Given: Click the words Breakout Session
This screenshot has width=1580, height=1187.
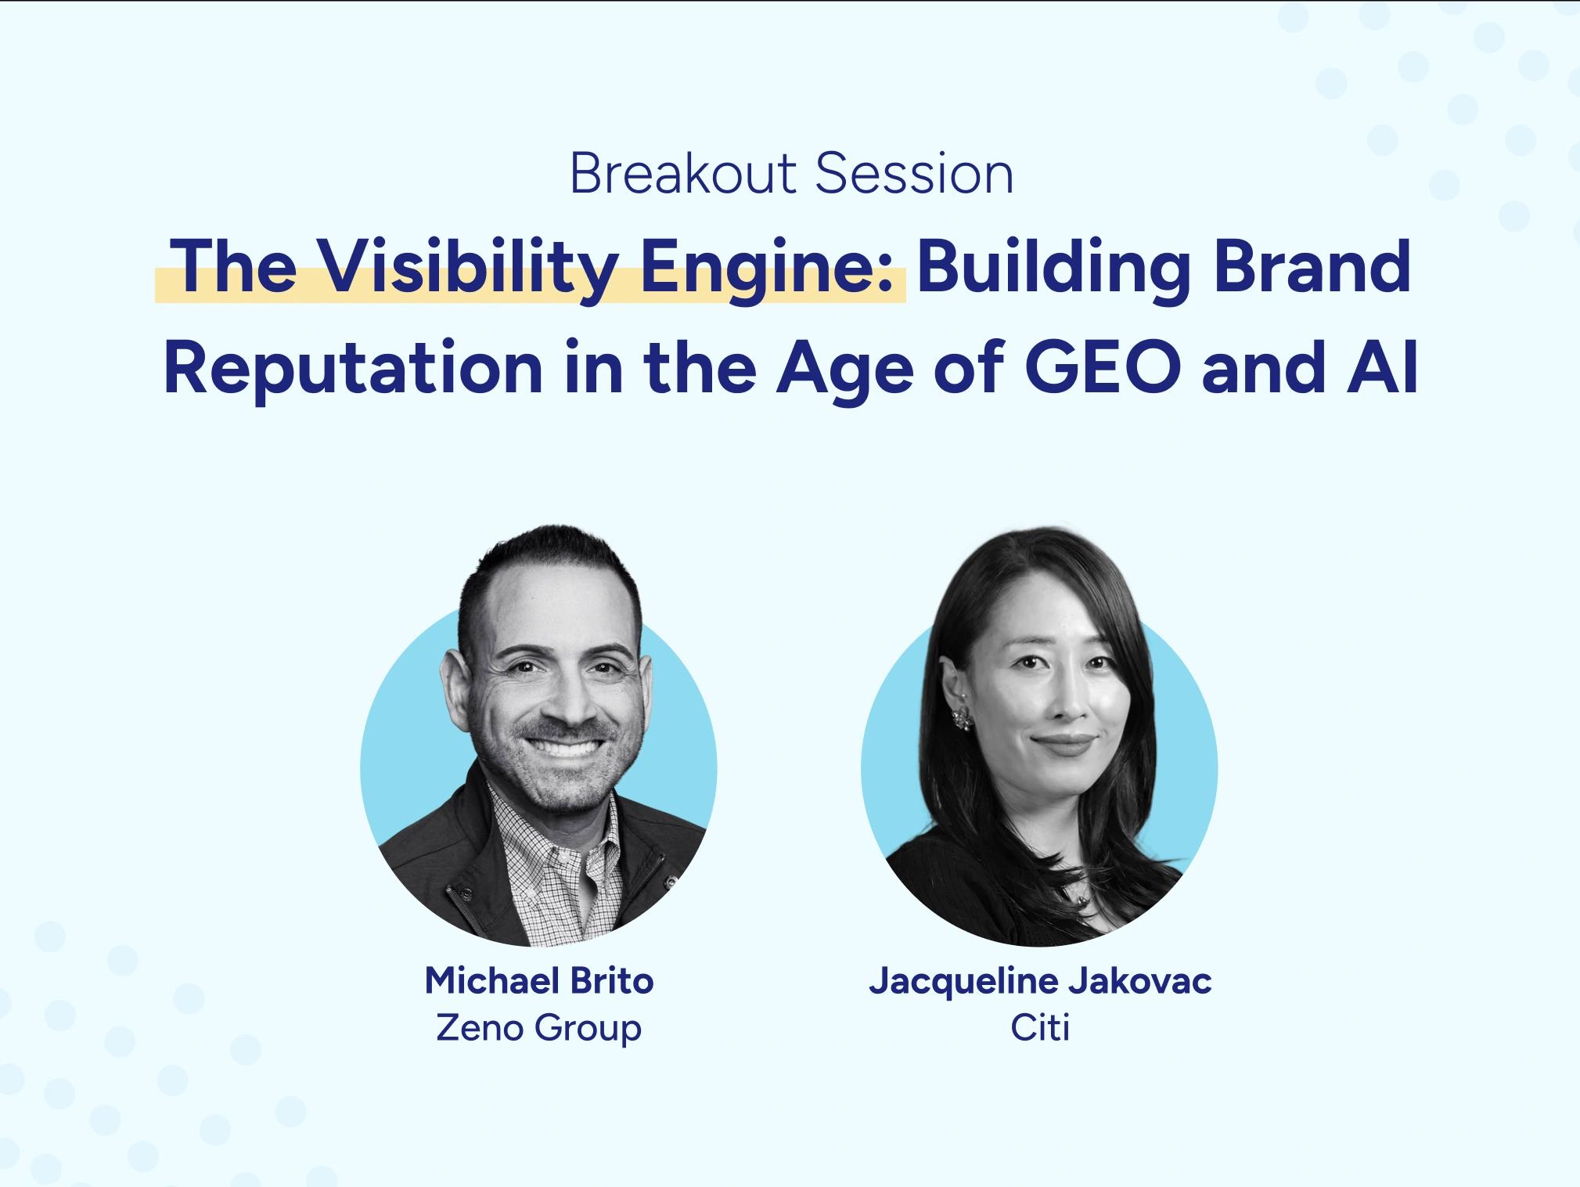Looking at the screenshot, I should point(790,174).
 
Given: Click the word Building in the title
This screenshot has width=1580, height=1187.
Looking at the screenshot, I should point(1054,269).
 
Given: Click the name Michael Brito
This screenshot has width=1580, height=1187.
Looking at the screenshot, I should point(538,980).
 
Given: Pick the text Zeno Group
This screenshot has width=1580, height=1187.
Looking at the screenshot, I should point(538,1026).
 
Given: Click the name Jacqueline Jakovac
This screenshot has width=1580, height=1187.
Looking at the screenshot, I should point(1039,980).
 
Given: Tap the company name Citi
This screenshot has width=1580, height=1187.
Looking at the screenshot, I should point(1039,1026).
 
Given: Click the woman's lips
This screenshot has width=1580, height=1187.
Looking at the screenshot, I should point(1064,742).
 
